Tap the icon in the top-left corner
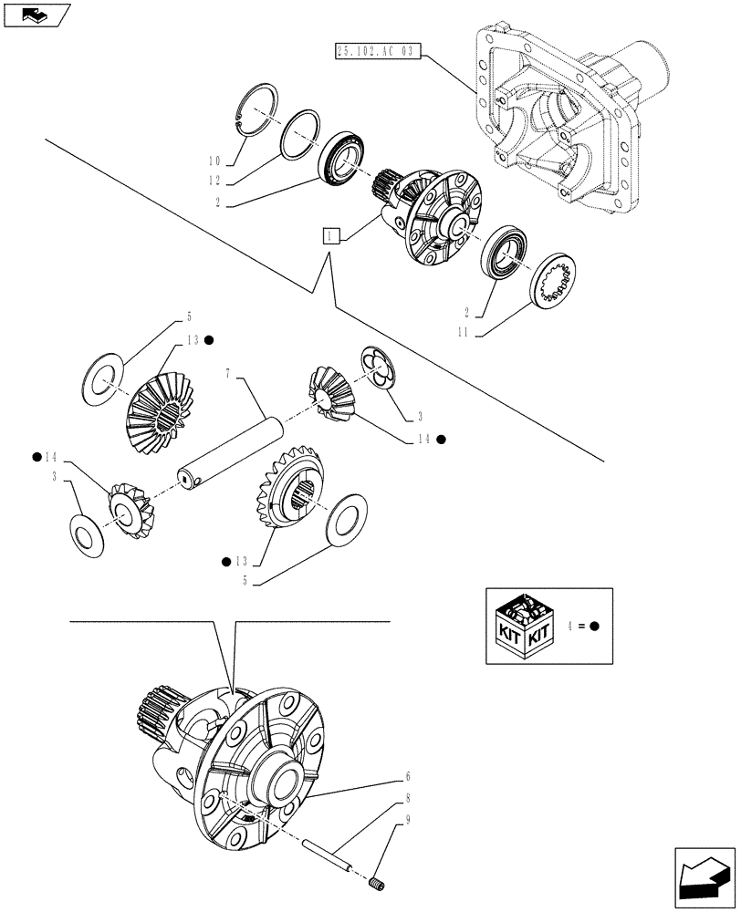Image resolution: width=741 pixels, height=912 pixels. [37, 15]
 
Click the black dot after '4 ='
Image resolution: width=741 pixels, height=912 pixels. [593, 627]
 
